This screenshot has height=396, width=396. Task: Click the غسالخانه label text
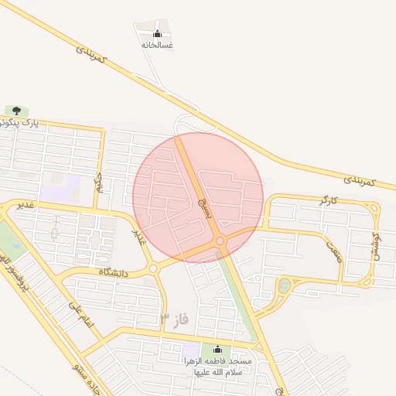(157, 46)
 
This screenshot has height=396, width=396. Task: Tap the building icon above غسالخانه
(158, 33)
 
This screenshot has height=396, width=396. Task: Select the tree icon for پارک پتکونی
(16, 110)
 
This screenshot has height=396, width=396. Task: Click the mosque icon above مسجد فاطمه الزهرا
(217, 349)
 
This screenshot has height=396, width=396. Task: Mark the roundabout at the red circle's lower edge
(220, 241)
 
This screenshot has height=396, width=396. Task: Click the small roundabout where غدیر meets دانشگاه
(153, 268)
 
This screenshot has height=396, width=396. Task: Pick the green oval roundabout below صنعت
(284, 286)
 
